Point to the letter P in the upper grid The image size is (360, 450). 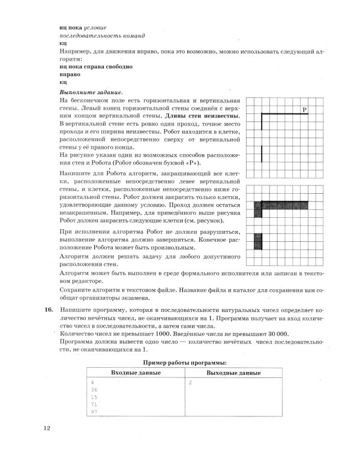[x=305, y=109]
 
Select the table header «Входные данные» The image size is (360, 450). [x=136, y=373]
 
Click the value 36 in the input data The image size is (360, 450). [x=94, y=389]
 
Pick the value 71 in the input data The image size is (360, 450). [x=94, y=405]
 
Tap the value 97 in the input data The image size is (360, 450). [x=94, y=413]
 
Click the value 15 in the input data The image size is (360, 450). [x=94, y=397]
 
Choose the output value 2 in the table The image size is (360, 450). [x=190, y=382]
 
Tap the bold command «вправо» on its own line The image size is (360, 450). [x=70, y=74]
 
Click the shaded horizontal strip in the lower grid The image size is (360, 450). [x=284, y=205]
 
